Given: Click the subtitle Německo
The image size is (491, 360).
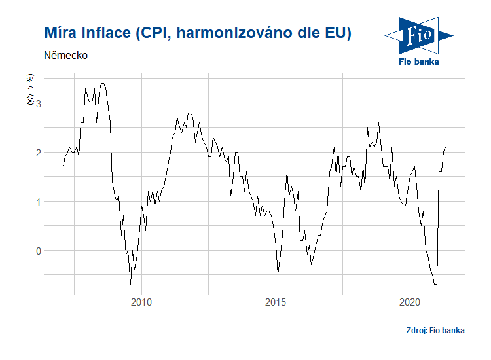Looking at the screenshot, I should tap(66, 56).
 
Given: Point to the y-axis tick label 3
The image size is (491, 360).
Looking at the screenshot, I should tap(39, 103).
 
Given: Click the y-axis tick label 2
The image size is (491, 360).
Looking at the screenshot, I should tap(39, 153).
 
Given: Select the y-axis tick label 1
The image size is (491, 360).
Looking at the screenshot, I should tap(39, 202).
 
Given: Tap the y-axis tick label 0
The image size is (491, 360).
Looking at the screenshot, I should tap(39, 251).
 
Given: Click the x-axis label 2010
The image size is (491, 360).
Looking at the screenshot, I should tap(141, 302).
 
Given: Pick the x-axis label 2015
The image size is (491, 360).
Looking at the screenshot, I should tap(276, 302).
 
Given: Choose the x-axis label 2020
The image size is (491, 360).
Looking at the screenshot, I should tap(410, 302).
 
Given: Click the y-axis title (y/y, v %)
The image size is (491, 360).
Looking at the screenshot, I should tap(29, 90).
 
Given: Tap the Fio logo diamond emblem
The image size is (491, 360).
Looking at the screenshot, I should tap(419, 35).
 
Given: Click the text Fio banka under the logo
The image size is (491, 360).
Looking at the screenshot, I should tap(419, 62).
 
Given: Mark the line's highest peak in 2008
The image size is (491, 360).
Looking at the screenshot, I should tap(102, 84).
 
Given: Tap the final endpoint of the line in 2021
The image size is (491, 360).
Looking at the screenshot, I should tap(445, 147).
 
